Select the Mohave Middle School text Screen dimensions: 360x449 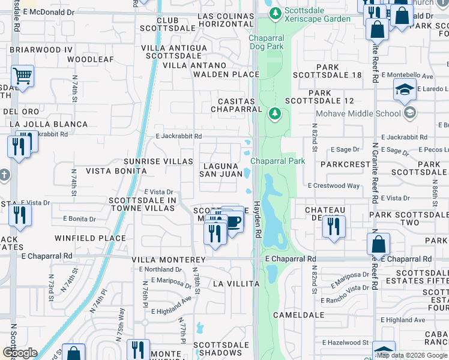358,113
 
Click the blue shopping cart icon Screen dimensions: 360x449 22,77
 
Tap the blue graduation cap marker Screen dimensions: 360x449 405,90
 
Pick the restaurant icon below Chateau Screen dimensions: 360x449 332,227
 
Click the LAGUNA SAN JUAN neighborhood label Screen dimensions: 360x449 221,169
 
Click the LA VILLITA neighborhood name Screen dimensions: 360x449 235,283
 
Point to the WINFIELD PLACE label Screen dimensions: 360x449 90,238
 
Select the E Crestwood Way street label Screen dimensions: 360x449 334,186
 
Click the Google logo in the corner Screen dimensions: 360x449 20,353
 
